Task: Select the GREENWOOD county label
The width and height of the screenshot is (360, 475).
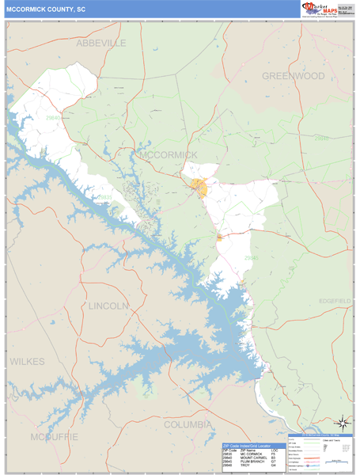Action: (x=294, y=76)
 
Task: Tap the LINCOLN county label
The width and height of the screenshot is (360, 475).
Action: (x=108, y=306)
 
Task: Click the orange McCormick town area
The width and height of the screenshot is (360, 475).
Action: (x=198, y=188)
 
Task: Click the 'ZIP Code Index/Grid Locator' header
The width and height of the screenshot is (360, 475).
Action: (x=253, y=446)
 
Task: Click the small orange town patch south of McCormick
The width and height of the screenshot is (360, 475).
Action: (x=219, y=237)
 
